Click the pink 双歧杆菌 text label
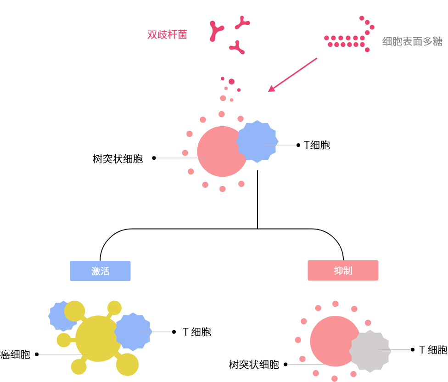coord(167,35)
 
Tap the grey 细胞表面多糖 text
coord(412,41)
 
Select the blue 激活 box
coord(100,271)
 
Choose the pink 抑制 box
coord(343,270)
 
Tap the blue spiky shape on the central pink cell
coord(258,141)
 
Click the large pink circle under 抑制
coord(332,341)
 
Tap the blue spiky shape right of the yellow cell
coord(133,331)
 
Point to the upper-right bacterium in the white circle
coord(242,22)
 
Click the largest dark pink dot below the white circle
coord(231,82)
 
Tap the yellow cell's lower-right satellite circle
coord(127,365)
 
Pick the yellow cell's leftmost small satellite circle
coord(64,340)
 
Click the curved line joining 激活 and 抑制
coord(221,229)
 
